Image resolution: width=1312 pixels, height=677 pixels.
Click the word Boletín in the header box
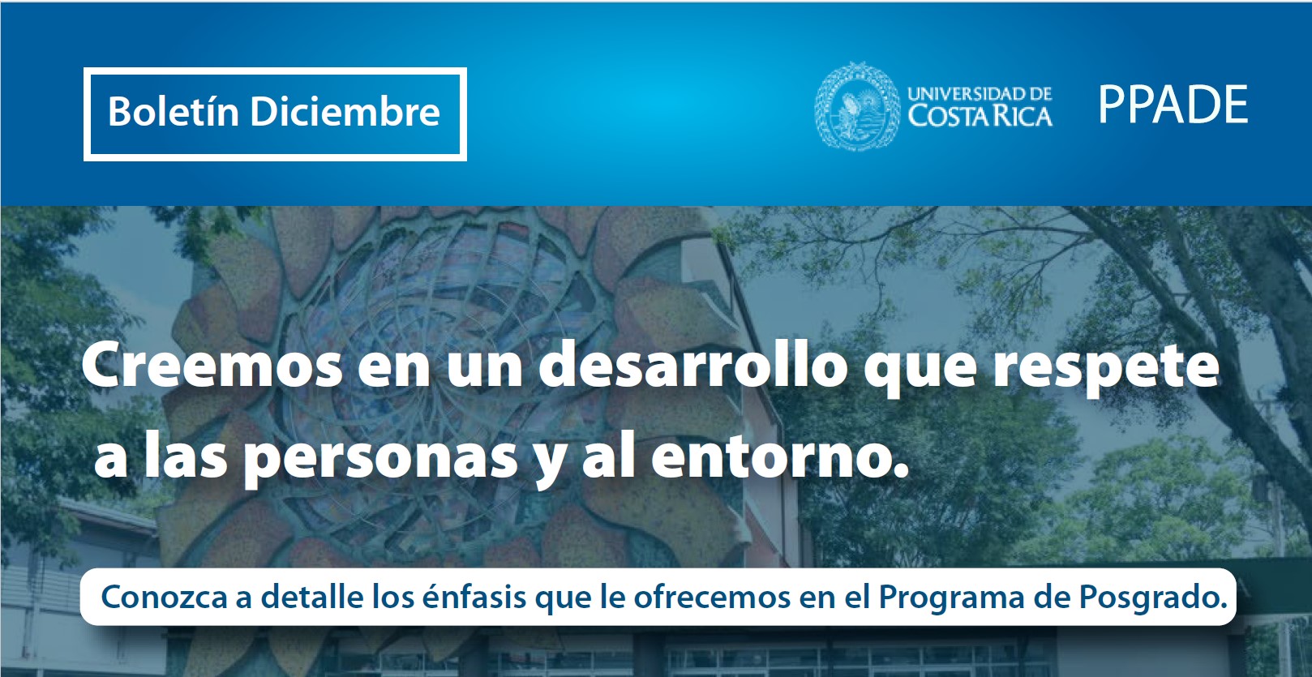[174, 111]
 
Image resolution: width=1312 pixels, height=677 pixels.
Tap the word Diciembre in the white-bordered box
[345, 111]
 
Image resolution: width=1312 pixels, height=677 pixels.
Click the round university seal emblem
[857, 105]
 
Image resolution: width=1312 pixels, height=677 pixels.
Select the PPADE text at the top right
[1173, 105]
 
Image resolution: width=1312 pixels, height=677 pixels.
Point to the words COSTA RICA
[980, 116]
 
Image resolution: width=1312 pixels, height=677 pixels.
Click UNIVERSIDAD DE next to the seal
[980, 93]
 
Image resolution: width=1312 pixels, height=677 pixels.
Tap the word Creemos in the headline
[212, 366]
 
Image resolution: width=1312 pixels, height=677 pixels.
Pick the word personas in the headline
[381, 461]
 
